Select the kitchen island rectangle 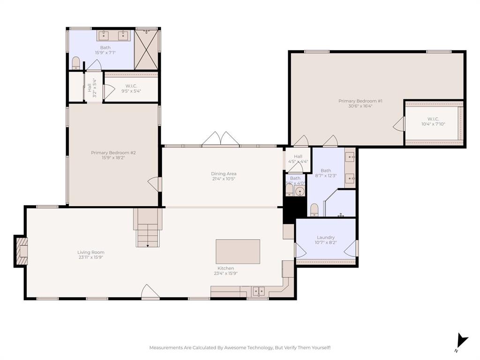coord(238,252)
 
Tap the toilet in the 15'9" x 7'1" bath coord(76,63)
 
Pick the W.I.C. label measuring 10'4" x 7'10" coord(433,121)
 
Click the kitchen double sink coord(258,292)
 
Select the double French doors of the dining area coord(221,139)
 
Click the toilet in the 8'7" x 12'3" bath coord(314,210)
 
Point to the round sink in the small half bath coord(300,191)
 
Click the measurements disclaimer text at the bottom coord(240,347)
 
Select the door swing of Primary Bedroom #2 coord(154,183)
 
